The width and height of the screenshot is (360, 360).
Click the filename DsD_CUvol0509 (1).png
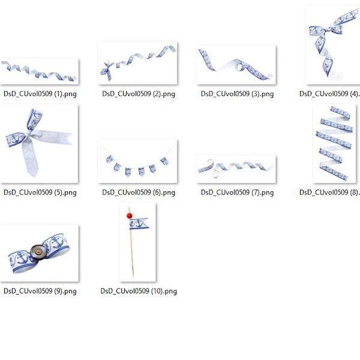click(40, 94)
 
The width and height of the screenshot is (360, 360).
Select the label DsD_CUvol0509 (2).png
click(139, 94)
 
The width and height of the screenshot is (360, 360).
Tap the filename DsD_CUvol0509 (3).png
click(237, 94)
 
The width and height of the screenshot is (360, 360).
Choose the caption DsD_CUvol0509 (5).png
click(40, 193)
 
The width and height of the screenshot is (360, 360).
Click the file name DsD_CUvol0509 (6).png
click(139, 193)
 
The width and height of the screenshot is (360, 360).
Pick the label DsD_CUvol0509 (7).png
click(237, 193)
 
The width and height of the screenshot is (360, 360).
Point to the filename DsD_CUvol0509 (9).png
click(40, 291)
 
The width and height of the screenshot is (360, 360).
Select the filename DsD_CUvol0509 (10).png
click(139, 291)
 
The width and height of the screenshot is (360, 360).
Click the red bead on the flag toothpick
click(130, 215)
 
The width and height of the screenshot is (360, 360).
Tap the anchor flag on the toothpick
click(139, 224)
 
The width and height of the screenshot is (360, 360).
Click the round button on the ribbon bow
click(38, 252)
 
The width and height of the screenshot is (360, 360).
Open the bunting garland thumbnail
click(137, 161)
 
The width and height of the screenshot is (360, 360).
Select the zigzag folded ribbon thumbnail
click(334, 143)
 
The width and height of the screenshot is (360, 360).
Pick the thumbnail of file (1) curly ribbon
click(39, 71)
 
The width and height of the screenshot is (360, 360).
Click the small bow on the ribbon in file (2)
click(107, 70)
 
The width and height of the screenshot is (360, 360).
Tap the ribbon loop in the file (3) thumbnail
click(239, 67)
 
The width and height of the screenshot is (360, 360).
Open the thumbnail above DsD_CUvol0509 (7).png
click(236, 169)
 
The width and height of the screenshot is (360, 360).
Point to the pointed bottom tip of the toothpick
click(133, 277)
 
